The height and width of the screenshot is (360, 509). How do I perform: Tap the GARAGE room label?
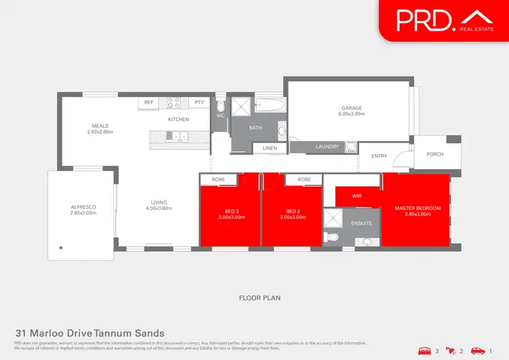(352, 108)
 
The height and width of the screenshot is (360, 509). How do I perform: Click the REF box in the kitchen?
(147, 103)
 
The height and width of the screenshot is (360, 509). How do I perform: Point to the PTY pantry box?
(199, 103)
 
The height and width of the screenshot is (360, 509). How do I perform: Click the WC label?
(221, 116)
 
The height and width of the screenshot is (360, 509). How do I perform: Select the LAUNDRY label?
(328, 146)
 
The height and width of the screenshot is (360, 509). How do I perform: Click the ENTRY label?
(379, 156)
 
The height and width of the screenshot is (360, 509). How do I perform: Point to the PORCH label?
(435, 154)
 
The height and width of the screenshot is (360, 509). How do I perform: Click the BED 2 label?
(293, 211)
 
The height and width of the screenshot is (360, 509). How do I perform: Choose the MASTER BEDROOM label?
(418, 207)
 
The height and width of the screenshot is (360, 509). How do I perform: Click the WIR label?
(357, 196)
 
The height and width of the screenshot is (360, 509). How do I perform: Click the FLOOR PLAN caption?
(259, 298)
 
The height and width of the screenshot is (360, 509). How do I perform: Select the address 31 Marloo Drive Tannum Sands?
(90, 333)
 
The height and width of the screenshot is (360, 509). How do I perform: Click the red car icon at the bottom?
(478, 350)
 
